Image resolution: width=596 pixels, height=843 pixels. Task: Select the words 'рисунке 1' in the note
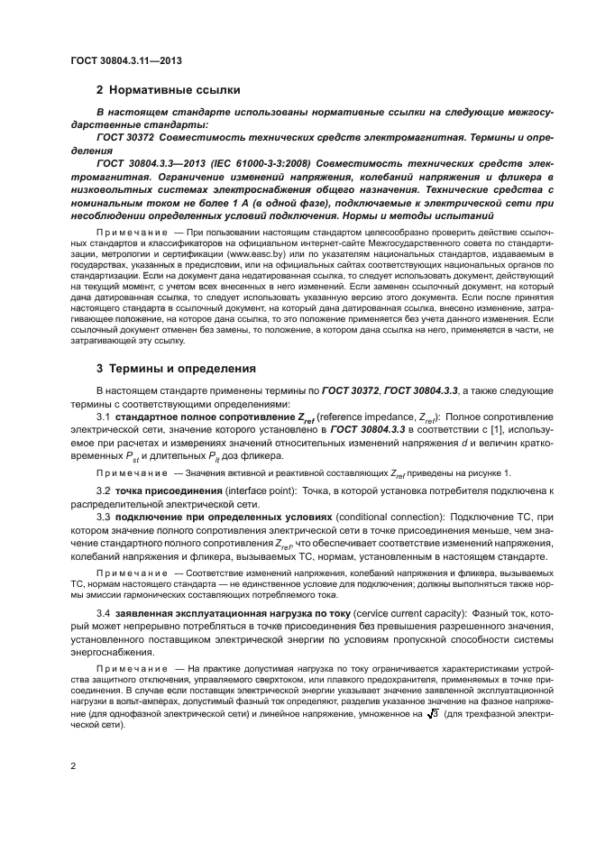point(484,472)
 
